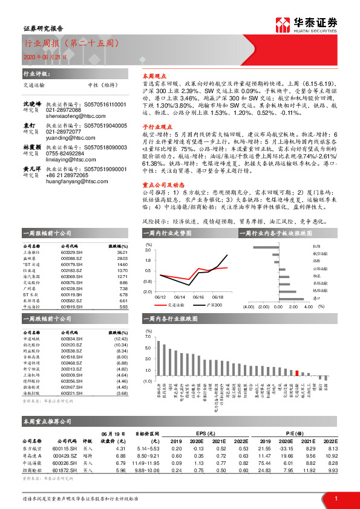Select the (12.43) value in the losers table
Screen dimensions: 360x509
pos(121,339)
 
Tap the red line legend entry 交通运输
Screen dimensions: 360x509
pos(176,305)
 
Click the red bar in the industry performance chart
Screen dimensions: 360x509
pos(296,373)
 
